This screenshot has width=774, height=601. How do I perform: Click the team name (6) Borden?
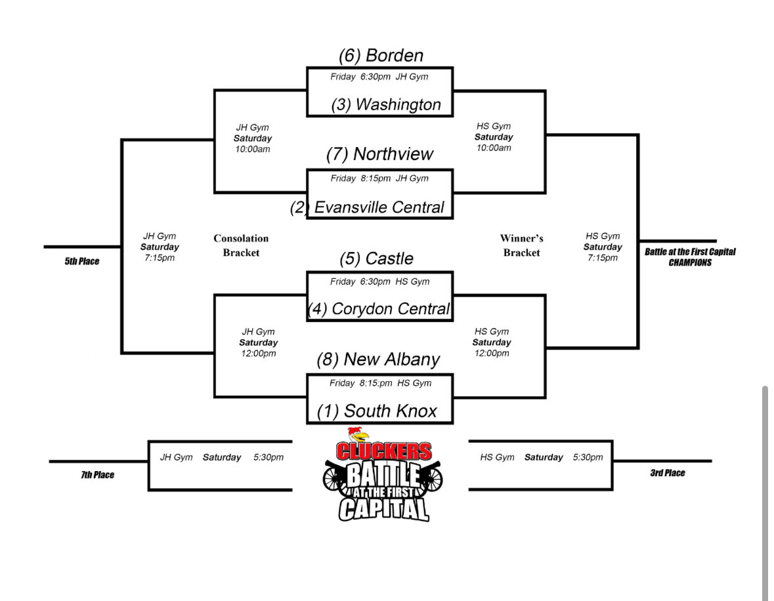click(381, 55)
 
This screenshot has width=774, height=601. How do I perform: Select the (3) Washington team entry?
click(386, 104)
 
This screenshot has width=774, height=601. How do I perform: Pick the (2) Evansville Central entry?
click(368, 207)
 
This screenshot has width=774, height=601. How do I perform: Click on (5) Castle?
click(376, 259)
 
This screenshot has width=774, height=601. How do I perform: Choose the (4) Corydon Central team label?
click(379, 308)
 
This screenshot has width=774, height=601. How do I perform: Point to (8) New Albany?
click(378, 360)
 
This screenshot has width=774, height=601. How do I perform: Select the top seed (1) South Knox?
click(377, 411)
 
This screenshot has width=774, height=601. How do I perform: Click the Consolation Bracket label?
click(241, 245)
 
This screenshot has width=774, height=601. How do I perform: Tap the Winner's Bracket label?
click(521, 245)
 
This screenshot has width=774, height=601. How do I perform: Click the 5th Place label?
click(82, 262)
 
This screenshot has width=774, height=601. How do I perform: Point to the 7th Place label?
click(97, 475)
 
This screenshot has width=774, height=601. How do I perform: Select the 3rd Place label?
click(667, 473)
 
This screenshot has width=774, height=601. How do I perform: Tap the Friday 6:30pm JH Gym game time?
click(379, 77)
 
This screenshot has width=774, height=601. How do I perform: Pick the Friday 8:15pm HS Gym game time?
click(380, 383)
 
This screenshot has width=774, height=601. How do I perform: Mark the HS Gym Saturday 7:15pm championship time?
click(603, 247)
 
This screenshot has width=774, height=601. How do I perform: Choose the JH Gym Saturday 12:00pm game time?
click(259, 342)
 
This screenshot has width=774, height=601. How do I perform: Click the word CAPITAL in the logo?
click(383, 508)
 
